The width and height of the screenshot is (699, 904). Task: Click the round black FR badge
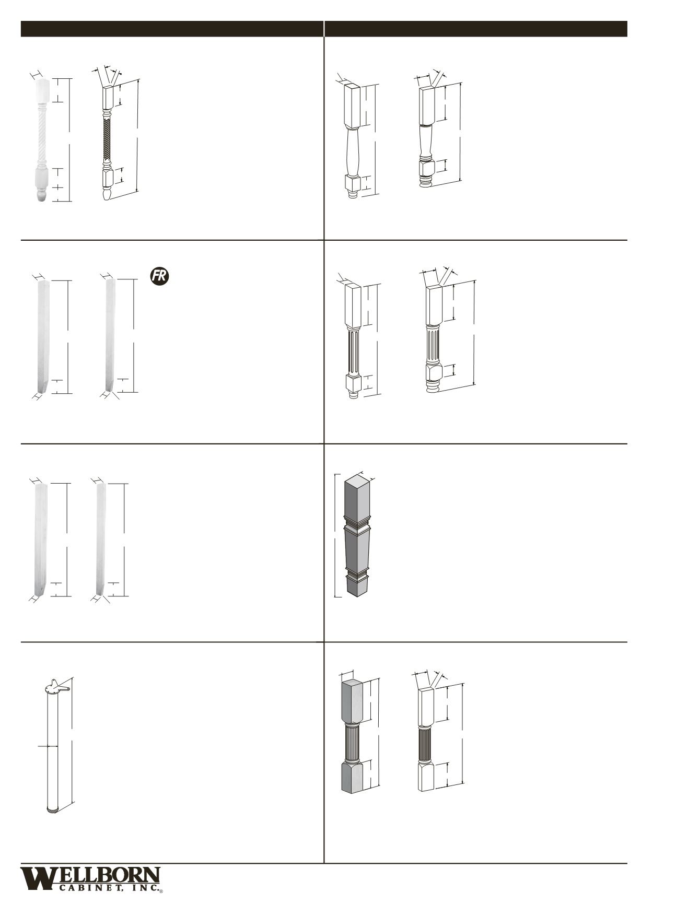[160, 276]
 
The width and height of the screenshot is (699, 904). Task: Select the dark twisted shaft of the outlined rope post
[108, 139]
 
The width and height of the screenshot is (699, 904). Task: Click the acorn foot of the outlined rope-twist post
[107, 194]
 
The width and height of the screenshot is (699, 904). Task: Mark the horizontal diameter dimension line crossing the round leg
[48, 746]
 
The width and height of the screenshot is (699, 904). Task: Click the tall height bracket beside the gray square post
[335, 535]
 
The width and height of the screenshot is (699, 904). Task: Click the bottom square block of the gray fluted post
[352, 778]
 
